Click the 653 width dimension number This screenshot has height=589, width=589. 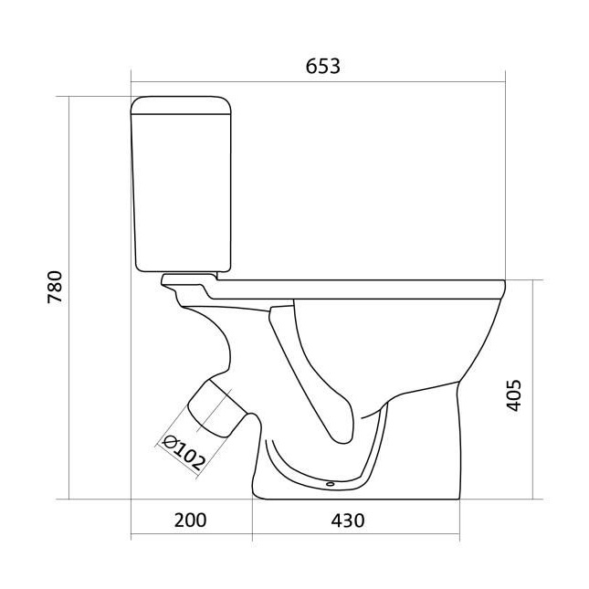point(322,67)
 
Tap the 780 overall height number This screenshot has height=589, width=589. point(55,287)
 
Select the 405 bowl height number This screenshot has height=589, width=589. point(513,395)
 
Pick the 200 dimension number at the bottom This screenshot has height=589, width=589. point(191,521)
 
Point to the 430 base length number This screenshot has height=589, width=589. point(348,521)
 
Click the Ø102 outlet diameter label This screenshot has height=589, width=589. point(184,453)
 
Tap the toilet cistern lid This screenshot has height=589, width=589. point(181,105)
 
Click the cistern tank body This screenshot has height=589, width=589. point(182,193)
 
